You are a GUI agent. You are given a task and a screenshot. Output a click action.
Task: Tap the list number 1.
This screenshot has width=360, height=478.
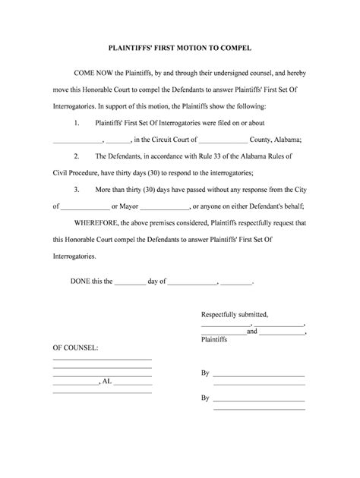[77, 123]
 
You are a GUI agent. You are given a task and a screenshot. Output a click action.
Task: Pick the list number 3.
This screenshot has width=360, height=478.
[77, 188]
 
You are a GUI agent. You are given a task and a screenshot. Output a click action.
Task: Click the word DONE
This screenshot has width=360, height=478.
[80, 281]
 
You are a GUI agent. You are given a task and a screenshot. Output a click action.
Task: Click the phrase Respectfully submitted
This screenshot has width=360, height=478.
[235, 313]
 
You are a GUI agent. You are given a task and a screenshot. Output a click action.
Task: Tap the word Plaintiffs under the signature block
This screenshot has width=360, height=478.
[214, 340]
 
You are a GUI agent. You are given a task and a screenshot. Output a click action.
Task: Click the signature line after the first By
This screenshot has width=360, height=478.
[258, 376]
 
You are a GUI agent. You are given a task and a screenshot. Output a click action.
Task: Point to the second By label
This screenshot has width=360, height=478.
[205, 398]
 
